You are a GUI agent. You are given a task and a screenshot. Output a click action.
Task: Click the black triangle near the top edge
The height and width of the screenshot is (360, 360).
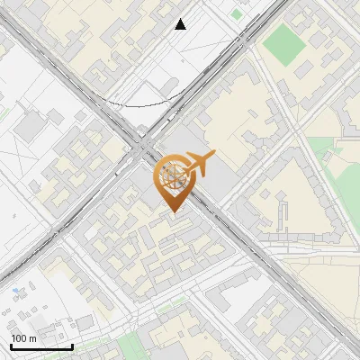pyautogui.click(x=181, y=24)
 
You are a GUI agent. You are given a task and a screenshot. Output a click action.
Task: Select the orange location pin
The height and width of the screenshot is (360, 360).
pyautogui.click(x=172, y=181)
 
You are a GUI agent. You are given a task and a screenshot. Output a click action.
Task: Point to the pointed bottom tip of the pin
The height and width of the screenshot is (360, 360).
pyautogui.click(x=172, y=212)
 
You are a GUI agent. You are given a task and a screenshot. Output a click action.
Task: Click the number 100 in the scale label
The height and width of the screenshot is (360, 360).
pyautogui.click(x=20, y=337)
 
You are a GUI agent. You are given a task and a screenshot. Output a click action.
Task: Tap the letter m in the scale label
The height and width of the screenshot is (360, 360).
pyautogui.click(x=33, y=337)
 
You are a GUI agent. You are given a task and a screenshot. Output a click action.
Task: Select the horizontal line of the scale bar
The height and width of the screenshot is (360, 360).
pyautogui.click(x=41, y=346)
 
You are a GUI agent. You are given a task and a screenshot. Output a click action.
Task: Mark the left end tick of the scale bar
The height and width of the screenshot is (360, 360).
pyautogui.click(x=12, y=346)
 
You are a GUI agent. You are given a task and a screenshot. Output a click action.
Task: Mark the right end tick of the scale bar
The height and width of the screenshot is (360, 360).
pyautogui.click(x=72, y=346)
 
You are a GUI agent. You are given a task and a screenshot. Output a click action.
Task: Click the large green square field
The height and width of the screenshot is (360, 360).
pyautogui.click(x=285, y=40)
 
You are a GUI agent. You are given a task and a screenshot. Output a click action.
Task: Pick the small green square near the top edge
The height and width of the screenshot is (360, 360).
pyautogui.click(x=237, y=13)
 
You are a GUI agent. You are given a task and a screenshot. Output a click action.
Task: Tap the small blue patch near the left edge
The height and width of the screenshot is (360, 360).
pyautogui.click(x=18, y=291)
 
